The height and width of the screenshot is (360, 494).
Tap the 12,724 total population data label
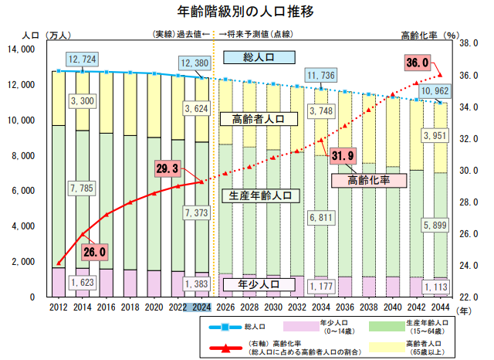pos(82,59)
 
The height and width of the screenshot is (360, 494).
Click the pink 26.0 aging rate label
pos(93,251)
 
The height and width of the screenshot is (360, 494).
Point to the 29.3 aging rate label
pos(167,168)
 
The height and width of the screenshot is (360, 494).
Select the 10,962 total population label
pos(437,91)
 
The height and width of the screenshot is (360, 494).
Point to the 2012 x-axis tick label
pos(58,307)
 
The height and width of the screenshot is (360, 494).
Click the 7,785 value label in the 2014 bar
pos(82,188)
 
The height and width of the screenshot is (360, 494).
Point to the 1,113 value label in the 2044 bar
pos(437,287)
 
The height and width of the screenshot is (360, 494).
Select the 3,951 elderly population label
pos(437,137)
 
